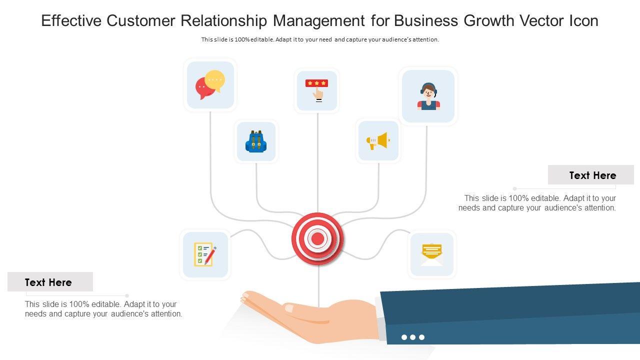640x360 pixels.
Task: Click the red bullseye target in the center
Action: [x=317, y=238]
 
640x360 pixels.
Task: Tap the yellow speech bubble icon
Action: [x=215, y=80]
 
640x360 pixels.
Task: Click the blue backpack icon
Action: [x=256, y=141]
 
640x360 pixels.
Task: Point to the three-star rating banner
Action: [x=316, y=83]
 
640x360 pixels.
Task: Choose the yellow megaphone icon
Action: [x=378, y=141]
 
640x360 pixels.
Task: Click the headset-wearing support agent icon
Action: [x=428, y=96]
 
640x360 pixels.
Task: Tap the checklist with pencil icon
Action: [x=205, y=254]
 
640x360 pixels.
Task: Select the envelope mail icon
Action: [x=431, y=254]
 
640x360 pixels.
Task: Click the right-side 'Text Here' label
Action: [x=592, y=175]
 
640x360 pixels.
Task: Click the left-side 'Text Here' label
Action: [x=48, y=282]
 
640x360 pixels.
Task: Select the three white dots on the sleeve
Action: [x=412, y=337]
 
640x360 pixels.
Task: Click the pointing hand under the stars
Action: [x=318, y=93]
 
